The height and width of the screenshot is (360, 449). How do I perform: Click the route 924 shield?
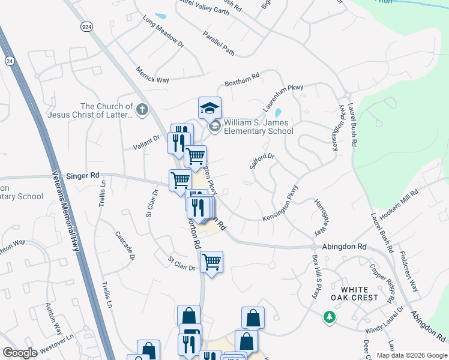pyautogui.click(x=86, y=27)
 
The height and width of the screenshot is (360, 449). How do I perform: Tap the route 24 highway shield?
pyautogui.click(x=10, y=61)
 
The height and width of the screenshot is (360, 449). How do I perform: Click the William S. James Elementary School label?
pyautogui.click(x=258, y=127)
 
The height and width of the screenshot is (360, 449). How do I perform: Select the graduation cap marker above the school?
pyautogui.click(x=209, y=108)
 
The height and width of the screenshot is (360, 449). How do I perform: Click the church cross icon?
pyautogui.click(x=142, y=109)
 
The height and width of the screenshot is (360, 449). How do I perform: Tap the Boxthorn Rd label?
pyautogui.click(x=241, y=78)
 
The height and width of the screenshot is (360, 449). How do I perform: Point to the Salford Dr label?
pyautogui.click(x=262, y=162)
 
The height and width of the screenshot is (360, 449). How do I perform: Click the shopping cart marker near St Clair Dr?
pyautogui.click(x=211, y=262)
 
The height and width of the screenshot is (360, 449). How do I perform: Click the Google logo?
pyautogui.click(x=20, y=353)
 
